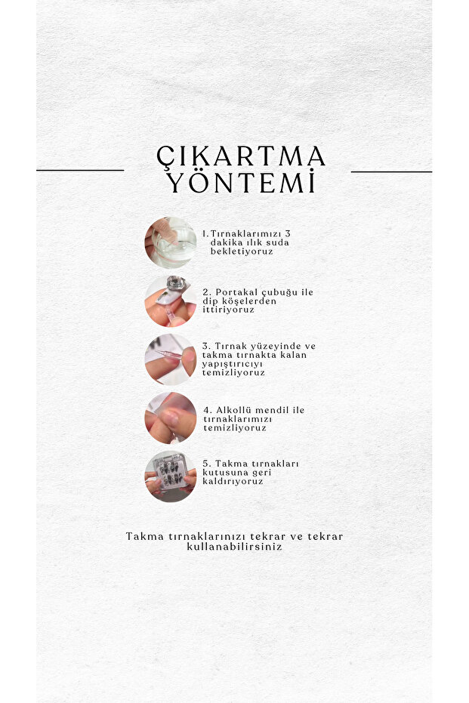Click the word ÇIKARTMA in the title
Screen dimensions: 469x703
point(241,157)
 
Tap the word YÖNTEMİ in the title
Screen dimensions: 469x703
point(241,181)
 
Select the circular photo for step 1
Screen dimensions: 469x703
point(171,242)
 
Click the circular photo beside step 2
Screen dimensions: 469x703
point(171,301)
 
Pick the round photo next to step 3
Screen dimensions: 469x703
point(171,359)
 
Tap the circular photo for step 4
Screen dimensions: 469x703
point(171,418)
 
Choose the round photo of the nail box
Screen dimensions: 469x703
point(171,476)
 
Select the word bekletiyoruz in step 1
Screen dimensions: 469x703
point(242,251)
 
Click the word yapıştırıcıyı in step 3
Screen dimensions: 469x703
point(233,364)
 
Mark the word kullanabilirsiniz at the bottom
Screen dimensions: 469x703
point(234,547)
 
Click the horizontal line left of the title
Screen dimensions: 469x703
point(80,171)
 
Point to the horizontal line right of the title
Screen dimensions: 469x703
point(391,171)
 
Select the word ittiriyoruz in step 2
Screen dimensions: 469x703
point(228,310)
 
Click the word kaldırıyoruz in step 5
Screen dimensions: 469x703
point(233,482)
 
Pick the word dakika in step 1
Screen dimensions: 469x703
point(227,242)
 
